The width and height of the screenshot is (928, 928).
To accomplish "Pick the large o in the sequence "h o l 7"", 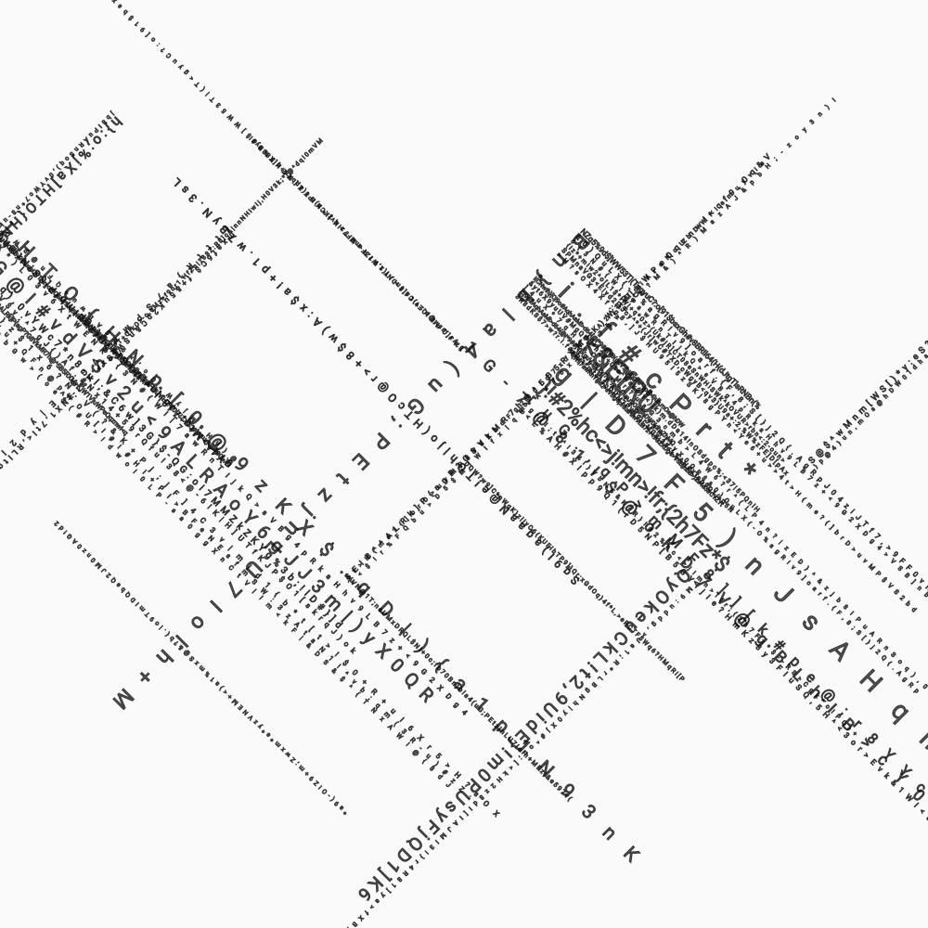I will [x=197, y=622].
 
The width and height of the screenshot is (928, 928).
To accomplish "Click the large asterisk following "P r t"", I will [x=750, y=470].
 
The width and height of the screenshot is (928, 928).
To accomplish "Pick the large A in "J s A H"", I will [x=838, y=652].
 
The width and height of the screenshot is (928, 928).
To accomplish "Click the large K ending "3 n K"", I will [x=631, y=855].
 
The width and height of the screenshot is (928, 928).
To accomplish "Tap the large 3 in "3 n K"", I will [x=587, y=812].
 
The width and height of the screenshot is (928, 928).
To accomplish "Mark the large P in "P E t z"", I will [x=380, y=440].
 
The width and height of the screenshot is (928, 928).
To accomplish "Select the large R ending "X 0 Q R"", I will [x=426, y=694].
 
